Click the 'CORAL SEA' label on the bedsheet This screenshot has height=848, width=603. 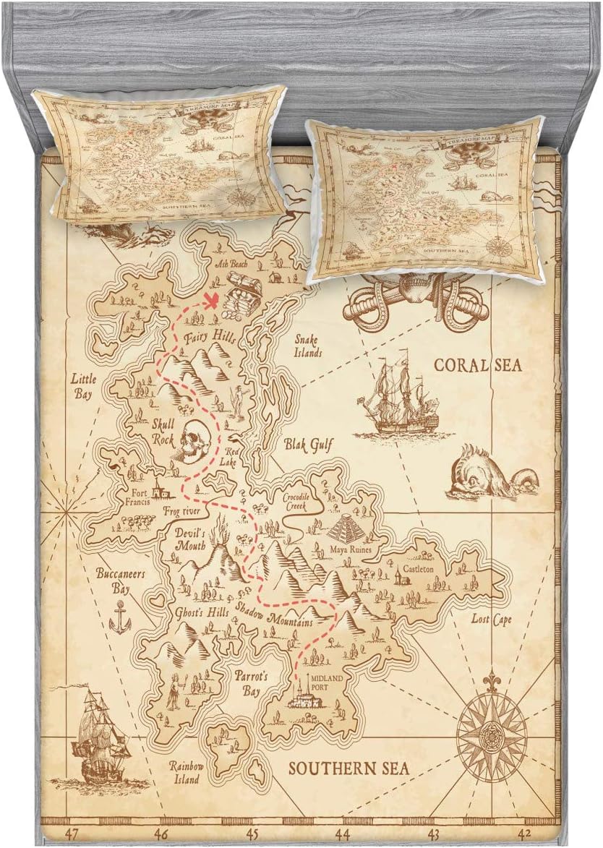(477, 364)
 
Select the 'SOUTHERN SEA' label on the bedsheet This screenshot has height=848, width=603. (349, 768)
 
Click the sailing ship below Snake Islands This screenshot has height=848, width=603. (398, 398)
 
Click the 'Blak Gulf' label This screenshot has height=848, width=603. (308, 445)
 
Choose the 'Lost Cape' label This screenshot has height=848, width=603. (492, 620)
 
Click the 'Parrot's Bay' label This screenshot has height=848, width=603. (251, 683)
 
